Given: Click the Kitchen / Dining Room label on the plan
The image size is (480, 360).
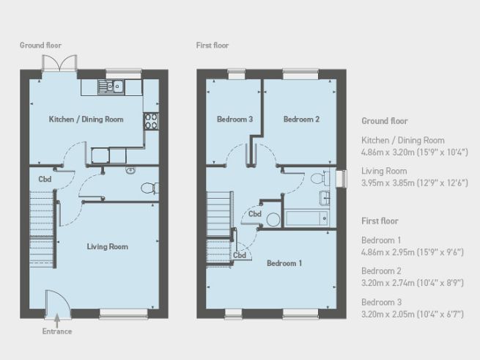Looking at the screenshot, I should coord(86,119).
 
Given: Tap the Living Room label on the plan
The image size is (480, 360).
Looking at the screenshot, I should coord(107,246).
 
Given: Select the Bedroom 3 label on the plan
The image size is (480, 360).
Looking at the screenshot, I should coord(235,119).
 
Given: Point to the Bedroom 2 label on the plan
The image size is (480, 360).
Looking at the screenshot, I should coord(301,119).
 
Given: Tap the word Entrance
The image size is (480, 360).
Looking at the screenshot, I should coord(56,331).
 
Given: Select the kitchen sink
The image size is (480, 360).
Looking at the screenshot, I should coord(113,88).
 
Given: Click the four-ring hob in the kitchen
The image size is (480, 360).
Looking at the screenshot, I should coord(152,121).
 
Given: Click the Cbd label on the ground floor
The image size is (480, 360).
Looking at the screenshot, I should coord(45,178).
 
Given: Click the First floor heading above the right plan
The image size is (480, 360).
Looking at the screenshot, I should coord(213,45).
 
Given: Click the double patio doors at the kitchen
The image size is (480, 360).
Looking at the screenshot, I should coord(59,64).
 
